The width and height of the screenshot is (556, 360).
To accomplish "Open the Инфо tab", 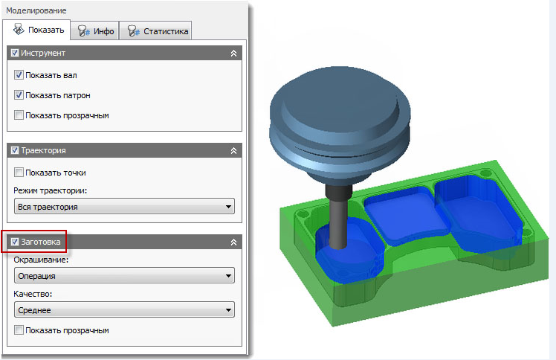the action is (x=94, y=31).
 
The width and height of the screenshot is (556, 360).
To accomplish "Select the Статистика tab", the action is (x=155, y=31).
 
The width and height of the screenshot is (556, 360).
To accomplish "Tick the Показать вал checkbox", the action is (x=19, y=75).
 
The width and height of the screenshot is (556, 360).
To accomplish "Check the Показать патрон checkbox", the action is (x=19, y=95).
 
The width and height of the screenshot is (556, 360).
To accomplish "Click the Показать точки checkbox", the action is (x=19, y=173).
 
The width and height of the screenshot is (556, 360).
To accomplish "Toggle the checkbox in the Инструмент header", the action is (x=15, y=53).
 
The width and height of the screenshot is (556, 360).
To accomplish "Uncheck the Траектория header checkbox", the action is (x=15, y=150).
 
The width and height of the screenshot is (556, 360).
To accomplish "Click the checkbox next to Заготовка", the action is (x=15, y=242).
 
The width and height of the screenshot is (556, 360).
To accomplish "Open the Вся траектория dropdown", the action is (x=124, y=207).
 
